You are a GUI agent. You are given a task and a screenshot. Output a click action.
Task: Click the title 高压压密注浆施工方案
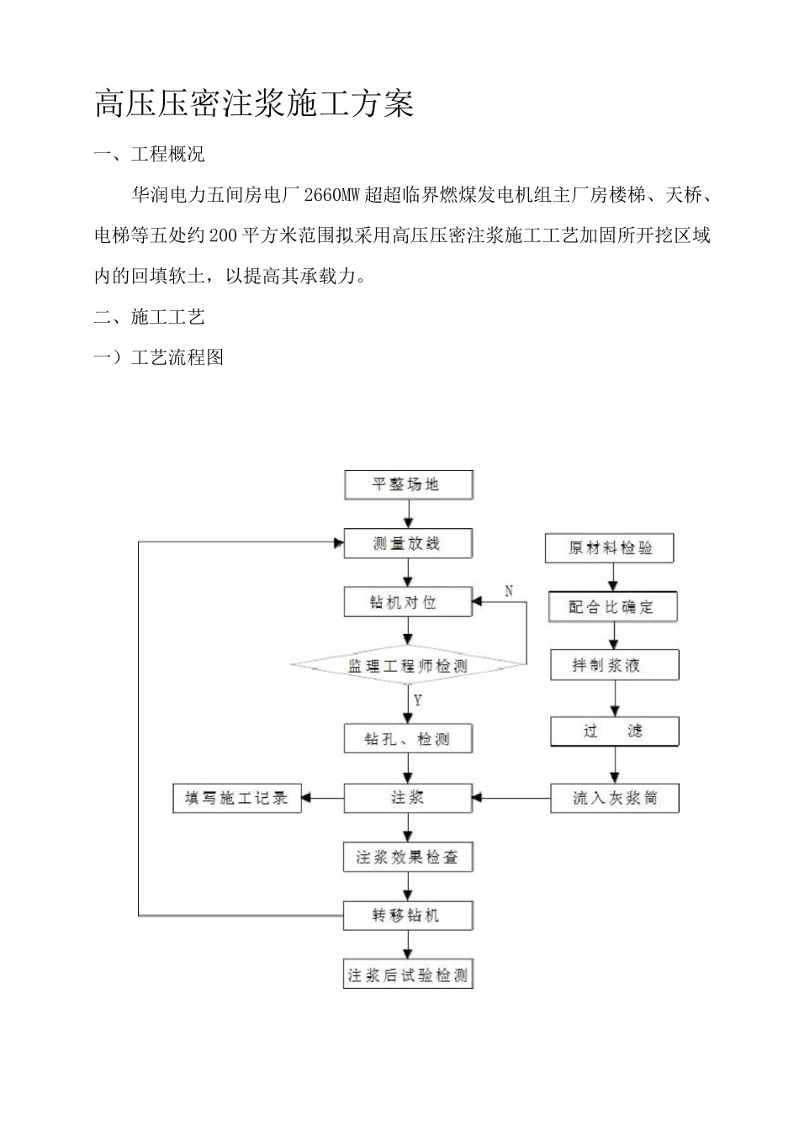tap(255, 104)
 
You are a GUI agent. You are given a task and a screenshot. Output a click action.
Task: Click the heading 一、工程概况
tap(149, 155)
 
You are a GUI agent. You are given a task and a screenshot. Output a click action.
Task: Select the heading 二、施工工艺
tap(149, 317)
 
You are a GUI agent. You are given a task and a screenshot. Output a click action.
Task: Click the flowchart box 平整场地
tap(408, 485)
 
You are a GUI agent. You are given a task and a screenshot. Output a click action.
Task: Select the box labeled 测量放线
tap(408, 543)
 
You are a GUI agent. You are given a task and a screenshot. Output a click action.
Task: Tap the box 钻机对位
tap(408, 602)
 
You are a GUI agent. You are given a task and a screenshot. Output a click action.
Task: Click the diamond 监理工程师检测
tap(408, 666)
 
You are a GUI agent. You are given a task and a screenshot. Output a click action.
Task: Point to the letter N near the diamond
tap(509, 591)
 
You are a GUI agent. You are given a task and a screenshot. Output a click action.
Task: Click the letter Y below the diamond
tap(418, 700)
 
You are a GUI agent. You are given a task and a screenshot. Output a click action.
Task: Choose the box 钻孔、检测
tap(408, 739)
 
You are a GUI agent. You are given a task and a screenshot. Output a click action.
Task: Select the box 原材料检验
tap(610, 548)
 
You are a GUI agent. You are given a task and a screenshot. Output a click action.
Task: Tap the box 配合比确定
tap(612, 606)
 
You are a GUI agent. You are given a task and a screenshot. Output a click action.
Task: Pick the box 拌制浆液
tap(614, 665)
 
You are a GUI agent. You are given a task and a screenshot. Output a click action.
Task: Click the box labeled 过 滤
tap(614, 731)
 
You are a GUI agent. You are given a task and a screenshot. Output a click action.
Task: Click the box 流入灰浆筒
tap(614, 798)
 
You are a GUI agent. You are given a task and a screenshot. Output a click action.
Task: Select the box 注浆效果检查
tap(408, 858)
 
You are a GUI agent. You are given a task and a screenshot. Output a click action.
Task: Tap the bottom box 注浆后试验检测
tap(408, 975)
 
